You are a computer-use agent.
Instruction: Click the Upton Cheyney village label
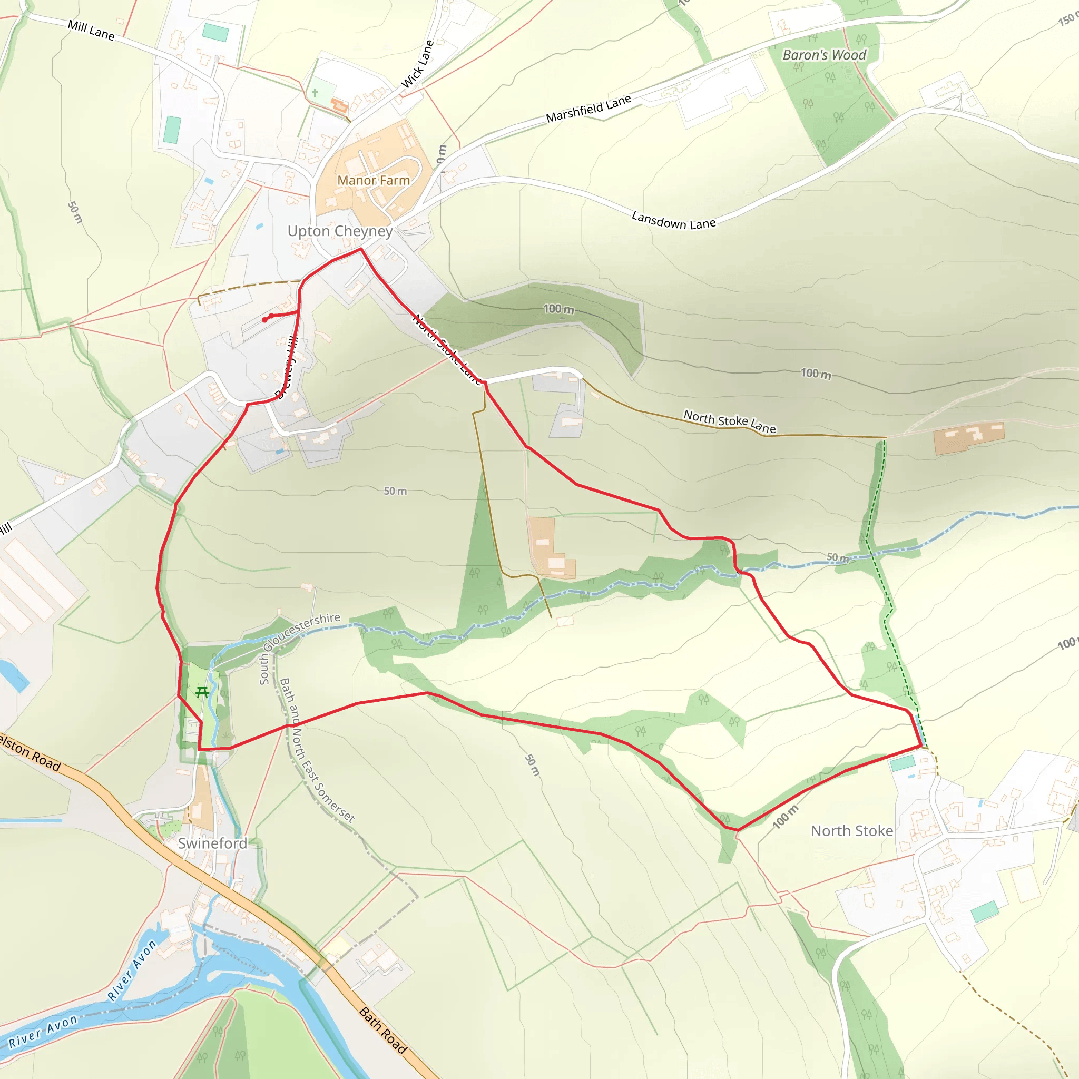coord(340,231)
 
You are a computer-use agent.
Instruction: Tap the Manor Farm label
coord(373,180)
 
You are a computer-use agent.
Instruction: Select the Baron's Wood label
coord(825,55)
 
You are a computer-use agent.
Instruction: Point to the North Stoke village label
coord(852,831)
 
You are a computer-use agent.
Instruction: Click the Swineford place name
coord(212,843)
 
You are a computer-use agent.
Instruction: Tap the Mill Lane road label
coord(91,30)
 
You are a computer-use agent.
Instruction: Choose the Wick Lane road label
coord(418,64)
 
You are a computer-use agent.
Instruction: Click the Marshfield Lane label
coord(588,109)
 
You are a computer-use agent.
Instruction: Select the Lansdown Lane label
coord(673,220)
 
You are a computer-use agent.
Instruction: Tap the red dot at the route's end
coord(264,320)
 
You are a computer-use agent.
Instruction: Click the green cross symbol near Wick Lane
coord(315,93)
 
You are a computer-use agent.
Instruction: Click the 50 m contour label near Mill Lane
coord(75,212)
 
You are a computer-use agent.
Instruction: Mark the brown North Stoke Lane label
coord(729,421)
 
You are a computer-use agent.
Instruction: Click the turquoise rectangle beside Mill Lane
coord(215,32)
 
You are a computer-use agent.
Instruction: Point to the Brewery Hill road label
coord(287,369)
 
